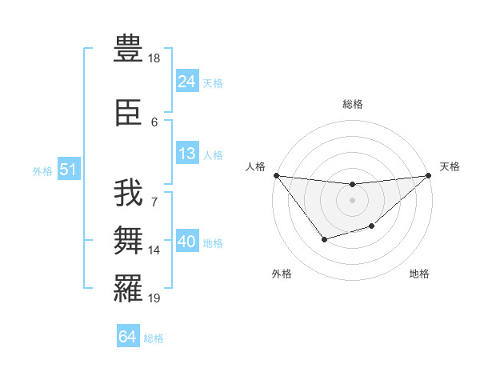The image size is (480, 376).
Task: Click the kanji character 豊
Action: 129,47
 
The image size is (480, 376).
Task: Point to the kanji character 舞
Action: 129,241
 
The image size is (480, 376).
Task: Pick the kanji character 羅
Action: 129,289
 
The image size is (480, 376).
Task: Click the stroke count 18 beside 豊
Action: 154,58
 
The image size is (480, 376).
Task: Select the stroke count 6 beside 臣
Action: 154,122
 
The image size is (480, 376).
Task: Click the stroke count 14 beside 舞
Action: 154,250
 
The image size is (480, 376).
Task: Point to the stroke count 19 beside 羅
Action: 154,298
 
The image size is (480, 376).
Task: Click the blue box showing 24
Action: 186,82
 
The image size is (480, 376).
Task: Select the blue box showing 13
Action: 186,154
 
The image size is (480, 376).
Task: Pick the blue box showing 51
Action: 68,170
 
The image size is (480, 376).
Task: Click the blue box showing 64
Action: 127,338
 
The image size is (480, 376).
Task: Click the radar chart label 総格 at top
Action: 353,104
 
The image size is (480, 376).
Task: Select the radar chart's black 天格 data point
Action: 429,175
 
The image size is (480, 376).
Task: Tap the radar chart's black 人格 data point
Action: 276,175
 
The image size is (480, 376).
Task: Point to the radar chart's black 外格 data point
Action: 324,239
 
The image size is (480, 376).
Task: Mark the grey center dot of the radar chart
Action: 352,200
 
